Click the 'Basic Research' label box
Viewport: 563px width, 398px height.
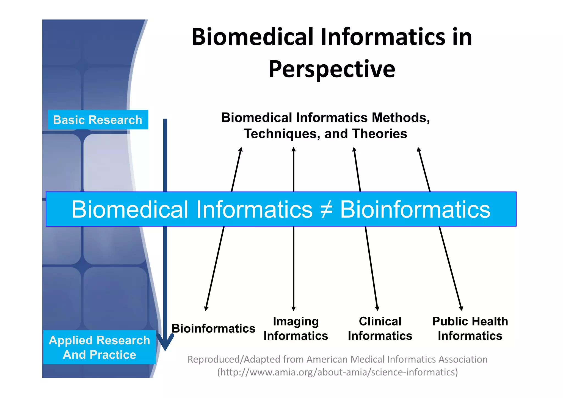(x=98, y=120)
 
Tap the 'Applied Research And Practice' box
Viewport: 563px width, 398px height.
(x=99, y=347)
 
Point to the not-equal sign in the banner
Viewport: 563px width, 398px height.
(x=326, y=209)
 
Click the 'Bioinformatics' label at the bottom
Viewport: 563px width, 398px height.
(x=213, y=328)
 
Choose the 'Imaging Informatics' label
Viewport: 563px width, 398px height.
(x=296, y=328)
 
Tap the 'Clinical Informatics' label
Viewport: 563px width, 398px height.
(x=380, y=328)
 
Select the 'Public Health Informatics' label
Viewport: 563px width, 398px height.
(x=470, y=328)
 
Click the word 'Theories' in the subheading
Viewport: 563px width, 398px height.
(x=379, y=134)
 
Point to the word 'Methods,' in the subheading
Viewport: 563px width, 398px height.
(x=401, y=118)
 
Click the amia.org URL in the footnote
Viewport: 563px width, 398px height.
(x=338, y=372)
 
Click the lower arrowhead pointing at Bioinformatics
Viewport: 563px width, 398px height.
(x=206, y=308)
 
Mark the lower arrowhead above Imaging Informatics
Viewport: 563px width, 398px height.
(x=294, y=308)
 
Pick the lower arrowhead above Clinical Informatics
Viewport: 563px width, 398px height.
(x=377, y=308)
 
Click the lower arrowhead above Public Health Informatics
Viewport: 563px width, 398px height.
(x=461, y=308)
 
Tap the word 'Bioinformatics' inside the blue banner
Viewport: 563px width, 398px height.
(x=415, y=209)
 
